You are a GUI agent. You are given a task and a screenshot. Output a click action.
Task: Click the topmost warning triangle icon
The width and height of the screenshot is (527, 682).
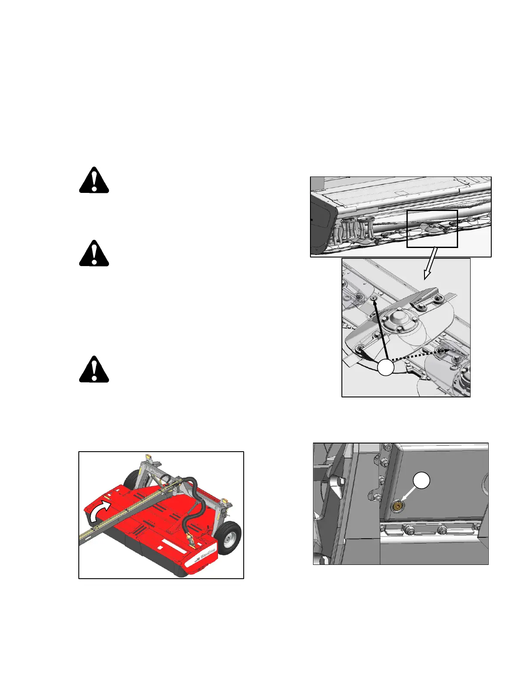[94, 180]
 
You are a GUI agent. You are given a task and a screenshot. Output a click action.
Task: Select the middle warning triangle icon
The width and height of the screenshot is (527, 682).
[94, 253]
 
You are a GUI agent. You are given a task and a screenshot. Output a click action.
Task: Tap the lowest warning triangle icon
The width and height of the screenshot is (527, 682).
[94, 369]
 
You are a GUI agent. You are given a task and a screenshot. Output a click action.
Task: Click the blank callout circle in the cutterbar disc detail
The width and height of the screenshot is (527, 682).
[386, 368]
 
